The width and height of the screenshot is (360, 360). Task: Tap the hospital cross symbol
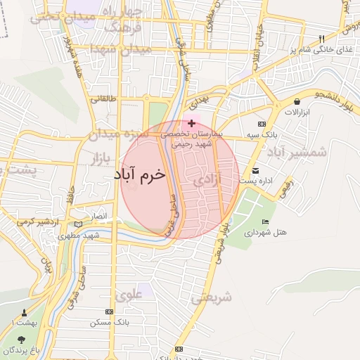[x=191, y=123]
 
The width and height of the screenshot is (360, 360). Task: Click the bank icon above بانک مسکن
[x=103, y=313]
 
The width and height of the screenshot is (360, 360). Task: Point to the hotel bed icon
[x=265, y=222]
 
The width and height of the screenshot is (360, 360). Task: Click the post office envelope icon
[x=256, y=170]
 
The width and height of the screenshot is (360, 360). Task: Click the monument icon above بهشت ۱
[x=25, y=311]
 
